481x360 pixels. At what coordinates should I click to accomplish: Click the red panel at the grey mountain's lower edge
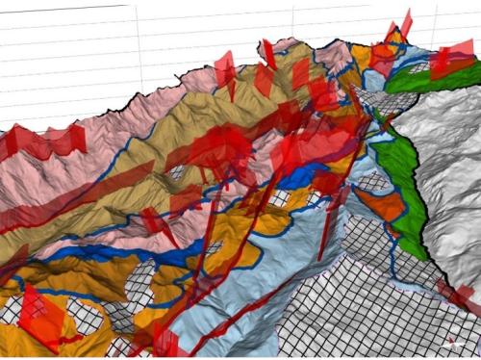[452, 294]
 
